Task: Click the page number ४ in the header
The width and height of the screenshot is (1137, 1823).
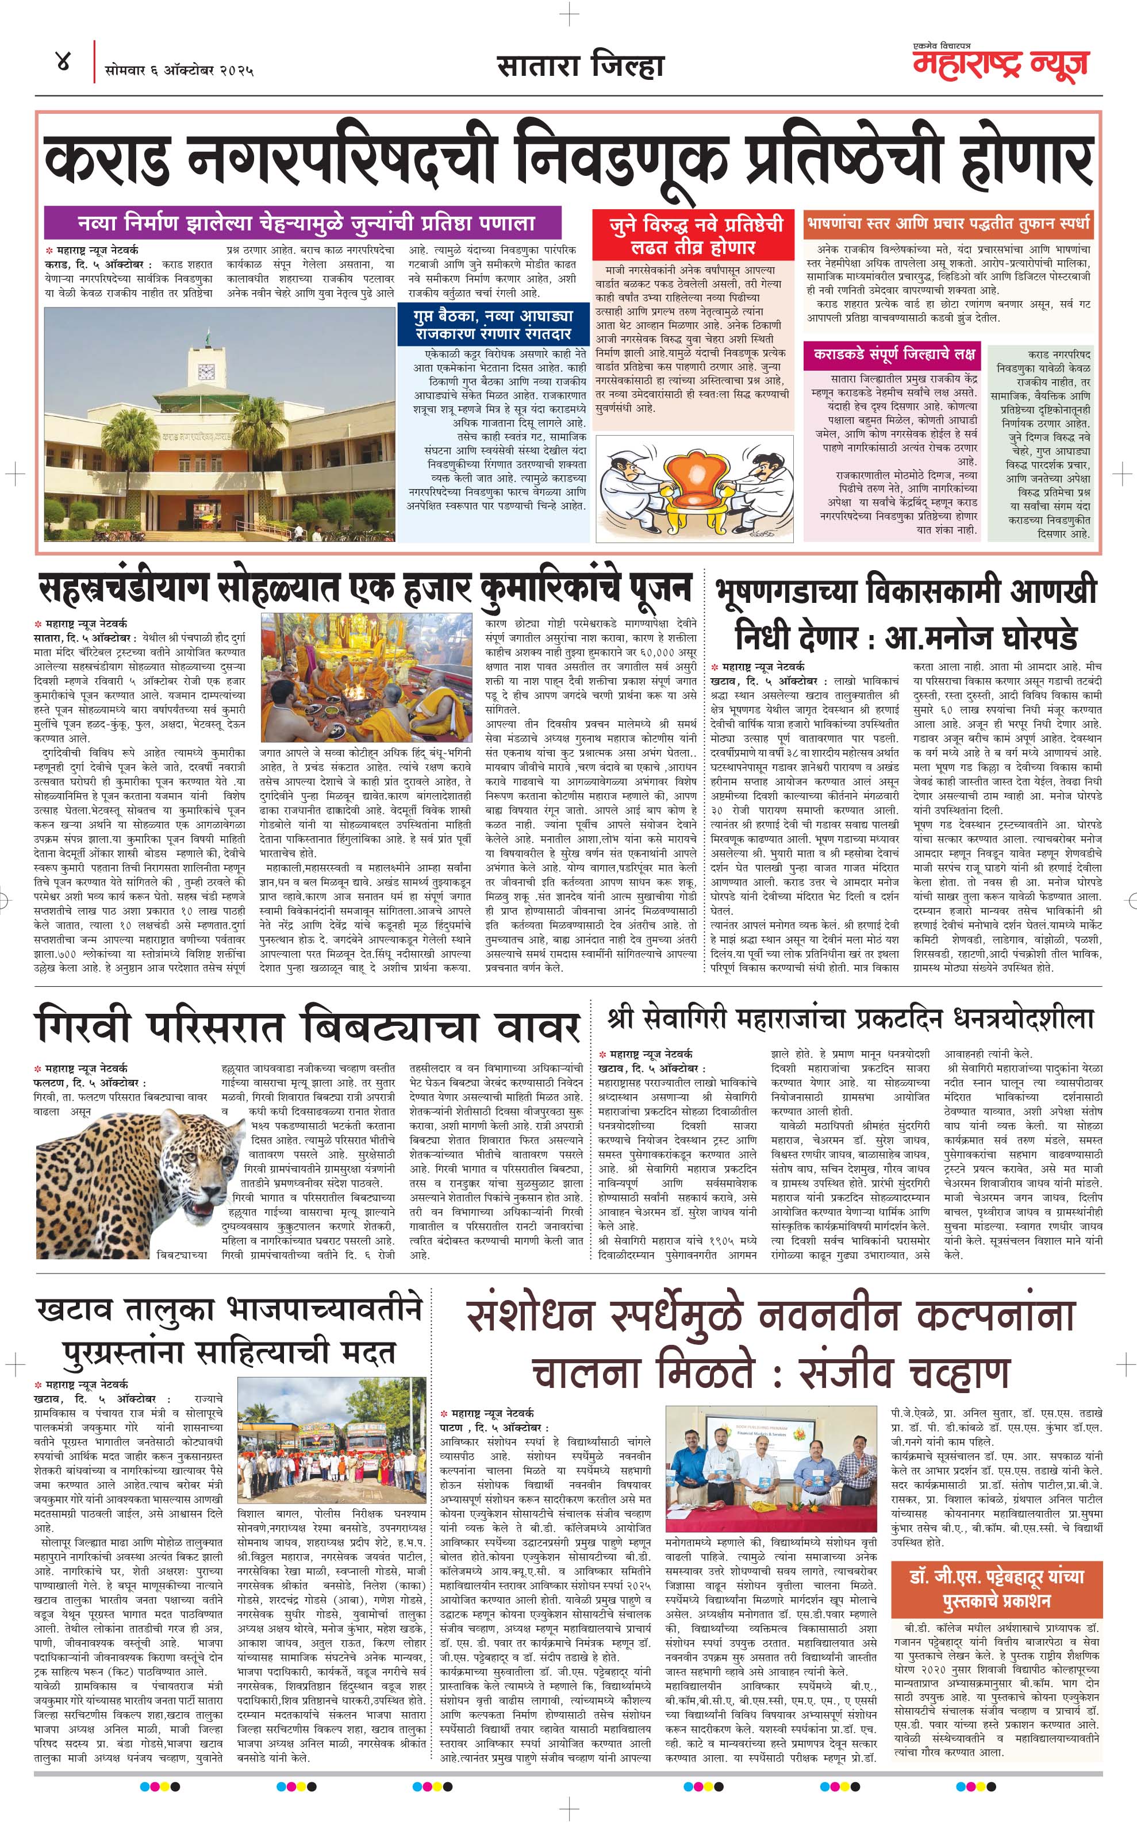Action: tap(63, 63)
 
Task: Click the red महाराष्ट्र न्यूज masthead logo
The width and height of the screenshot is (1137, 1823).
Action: tap(1000, 64)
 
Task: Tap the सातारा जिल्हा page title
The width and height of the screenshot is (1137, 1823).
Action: tap(580, 66)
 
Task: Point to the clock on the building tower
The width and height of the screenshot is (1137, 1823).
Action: tap(206, 371)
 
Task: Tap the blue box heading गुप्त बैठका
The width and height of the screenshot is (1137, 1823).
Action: tap(493, 324)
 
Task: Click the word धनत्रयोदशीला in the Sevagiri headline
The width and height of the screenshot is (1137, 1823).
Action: tap(1023, 1018)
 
